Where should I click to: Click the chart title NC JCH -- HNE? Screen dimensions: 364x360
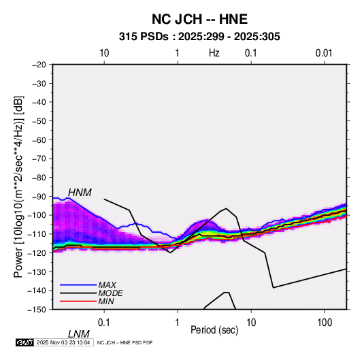tap(199, 19)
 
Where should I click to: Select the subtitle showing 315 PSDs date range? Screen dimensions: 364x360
tap(199, 37)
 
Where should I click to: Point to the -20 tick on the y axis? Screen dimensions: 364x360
tap(39, 65)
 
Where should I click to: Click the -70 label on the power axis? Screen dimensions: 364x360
tap(39, 159)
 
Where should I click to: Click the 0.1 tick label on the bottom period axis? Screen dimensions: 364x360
tap(103, 323)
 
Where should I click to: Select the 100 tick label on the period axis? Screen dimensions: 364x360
tap(325, 323)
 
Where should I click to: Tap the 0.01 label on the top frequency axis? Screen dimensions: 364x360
tap(324, 53)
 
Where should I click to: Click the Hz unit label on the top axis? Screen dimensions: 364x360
tap(214, 53)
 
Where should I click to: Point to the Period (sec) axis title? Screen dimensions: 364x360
tap(214, 330)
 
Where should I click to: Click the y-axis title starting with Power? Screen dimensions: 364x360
tap(18, 187)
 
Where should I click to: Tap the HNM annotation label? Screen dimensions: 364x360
tap(80, 193)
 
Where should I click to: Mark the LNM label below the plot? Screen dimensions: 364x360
tap(78, 334)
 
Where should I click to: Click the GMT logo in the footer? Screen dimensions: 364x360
tap(25, 342)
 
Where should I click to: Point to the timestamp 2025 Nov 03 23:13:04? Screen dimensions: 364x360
tap(63, 342)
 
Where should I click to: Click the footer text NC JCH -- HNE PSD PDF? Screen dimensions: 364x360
tap(125, 342)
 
